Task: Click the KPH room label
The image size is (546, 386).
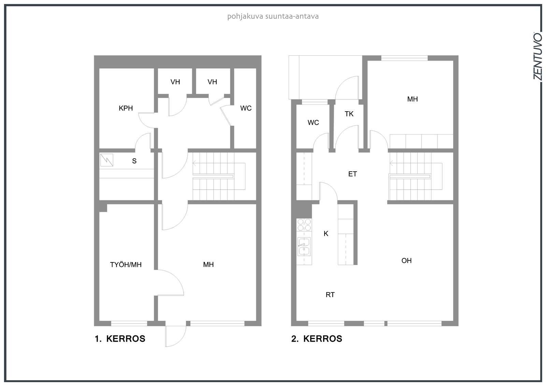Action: coord(126,108)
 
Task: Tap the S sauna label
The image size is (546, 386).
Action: coord(134,161)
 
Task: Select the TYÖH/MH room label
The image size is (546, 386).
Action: coord(126,265)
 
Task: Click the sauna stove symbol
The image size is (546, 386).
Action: coord(107,160)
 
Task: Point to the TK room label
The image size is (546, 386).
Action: coord(349,114)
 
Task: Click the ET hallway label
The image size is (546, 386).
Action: coord(353,174)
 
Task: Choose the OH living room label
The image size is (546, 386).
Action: coord(406,261)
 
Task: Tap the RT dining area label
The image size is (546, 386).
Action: coord(330,295)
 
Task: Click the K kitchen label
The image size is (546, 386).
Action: coord(326,233)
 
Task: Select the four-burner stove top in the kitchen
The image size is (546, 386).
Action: coord(304,225)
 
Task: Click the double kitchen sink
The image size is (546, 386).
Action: coord(304,246)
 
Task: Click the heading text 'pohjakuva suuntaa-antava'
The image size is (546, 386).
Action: coord(273,16)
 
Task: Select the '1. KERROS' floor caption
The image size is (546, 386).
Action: coord(120,339)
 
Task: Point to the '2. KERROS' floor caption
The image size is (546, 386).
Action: coord(317,339)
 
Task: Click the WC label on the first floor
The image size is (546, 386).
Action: coord(246,108)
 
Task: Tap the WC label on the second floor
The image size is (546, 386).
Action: coord(313,123)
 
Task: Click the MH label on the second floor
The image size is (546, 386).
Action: coord(413,99)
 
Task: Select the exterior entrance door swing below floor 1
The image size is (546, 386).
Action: coord(176,336)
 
